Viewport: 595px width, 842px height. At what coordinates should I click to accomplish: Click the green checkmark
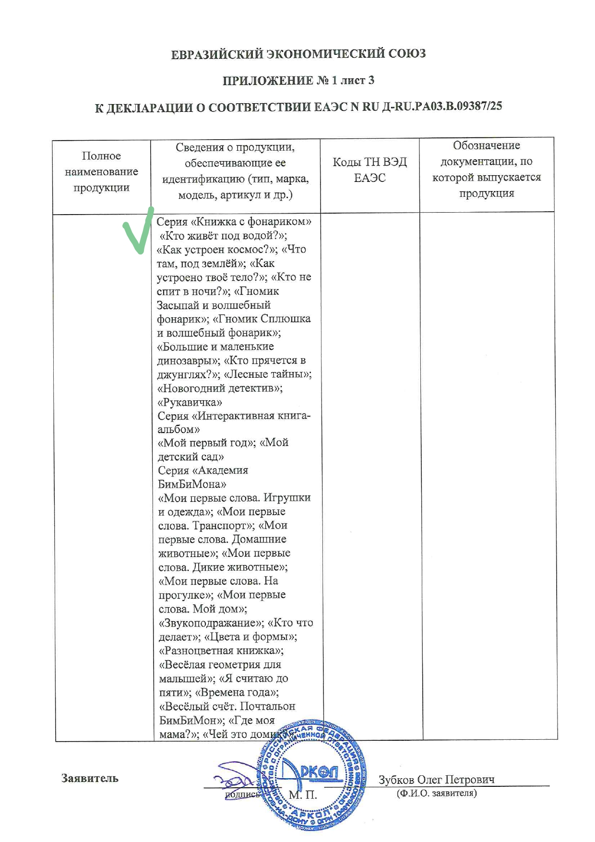coord(138,233)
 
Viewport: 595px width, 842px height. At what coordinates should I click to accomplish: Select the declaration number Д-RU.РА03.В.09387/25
coord(442,106)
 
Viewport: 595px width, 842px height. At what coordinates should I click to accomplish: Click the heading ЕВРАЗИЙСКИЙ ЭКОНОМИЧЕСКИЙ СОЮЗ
coord(298,54)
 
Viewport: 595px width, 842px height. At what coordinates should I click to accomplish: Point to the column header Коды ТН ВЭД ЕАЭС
coord(369,170)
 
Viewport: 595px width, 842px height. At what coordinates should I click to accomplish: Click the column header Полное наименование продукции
coord(101,172)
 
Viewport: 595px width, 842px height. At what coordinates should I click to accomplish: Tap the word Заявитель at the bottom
coord(90,778)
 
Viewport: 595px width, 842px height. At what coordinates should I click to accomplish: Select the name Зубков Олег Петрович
coord(436,779)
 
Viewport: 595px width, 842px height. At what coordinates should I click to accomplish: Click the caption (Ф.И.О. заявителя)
coord(436,793)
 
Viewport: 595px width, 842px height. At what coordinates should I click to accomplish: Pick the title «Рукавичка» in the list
coord(190,402)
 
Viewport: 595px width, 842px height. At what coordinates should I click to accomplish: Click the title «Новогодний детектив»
coord(219,388)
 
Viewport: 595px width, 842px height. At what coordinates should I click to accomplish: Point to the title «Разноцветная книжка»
coord(221,651)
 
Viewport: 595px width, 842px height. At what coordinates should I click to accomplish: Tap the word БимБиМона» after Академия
coord(192,484)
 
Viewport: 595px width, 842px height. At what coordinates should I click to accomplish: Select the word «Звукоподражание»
coord(211,623)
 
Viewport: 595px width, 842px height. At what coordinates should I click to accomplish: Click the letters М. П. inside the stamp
coord(302,795)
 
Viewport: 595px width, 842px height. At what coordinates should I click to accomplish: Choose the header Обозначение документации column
coord(486,169)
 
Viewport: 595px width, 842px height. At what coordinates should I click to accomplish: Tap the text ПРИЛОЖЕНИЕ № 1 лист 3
coord(298,81)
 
